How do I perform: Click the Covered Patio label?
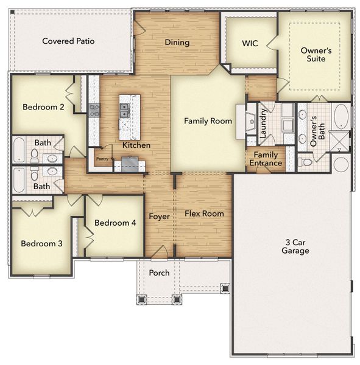pos(68,41)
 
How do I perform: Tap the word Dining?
pos(177,43)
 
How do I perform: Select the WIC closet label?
pos(250,44)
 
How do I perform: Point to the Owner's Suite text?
pos(316,55)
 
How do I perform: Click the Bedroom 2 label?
pos(43,108)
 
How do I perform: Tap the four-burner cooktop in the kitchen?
pos(94,110)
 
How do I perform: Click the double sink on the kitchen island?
pos(124,110)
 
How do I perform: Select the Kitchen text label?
pos(136,145)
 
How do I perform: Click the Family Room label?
pos(208,121)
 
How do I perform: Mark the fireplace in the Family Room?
pos(250,121)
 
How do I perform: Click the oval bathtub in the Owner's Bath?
pos(341,115)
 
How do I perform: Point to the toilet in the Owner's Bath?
pos(306,162)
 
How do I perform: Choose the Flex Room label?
pos(204,214)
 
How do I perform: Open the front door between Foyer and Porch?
pos(160,252)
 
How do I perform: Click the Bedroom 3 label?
pos(41,244)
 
